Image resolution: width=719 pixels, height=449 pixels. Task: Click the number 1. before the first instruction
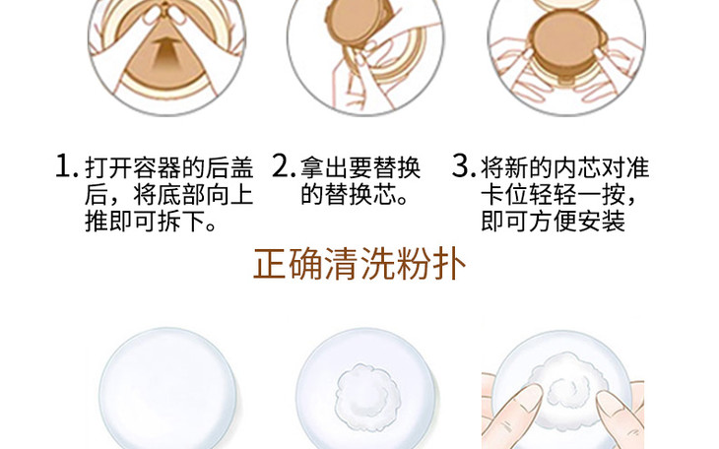66,165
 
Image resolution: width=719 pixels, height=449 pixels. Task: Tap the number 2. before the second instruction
284,165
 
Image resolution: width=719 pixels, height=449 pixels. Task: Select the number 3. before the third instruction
464,165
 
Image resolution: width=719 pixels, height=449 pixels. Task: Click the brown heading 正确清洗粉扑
359,264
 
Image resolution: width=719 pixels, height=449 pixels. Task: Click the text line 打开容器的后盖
168,167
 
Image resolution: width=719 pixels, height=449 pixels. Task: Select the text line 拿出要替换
360,167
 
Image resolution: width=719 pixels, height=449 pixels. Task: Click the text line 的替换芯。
354,194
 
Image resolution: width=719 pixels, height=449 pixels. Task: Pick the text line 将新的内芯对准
565,167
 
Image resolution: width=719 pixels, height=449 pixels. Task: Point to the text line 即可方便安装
553,222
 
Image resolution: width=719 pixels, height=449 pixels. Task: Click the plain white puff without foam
167,389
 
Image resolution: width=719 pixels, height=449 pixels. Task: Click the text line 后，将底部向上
168,194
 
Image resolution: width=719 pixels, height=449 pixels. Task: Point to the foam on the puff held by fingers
565,382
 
